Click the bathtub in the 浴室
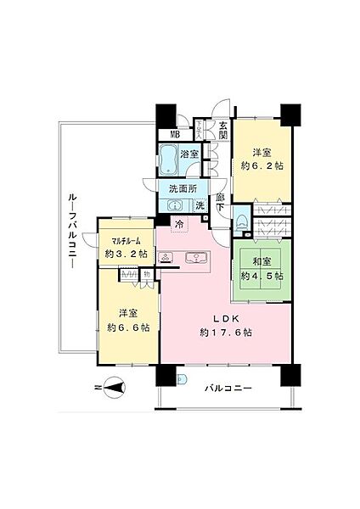168,158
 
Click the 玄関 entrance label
222,129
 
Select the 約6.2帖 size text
262,167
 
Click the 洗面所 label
182,188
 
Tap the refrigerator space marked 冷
180,225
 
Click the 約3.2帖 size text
126,253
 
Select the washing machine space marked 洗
200,205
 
